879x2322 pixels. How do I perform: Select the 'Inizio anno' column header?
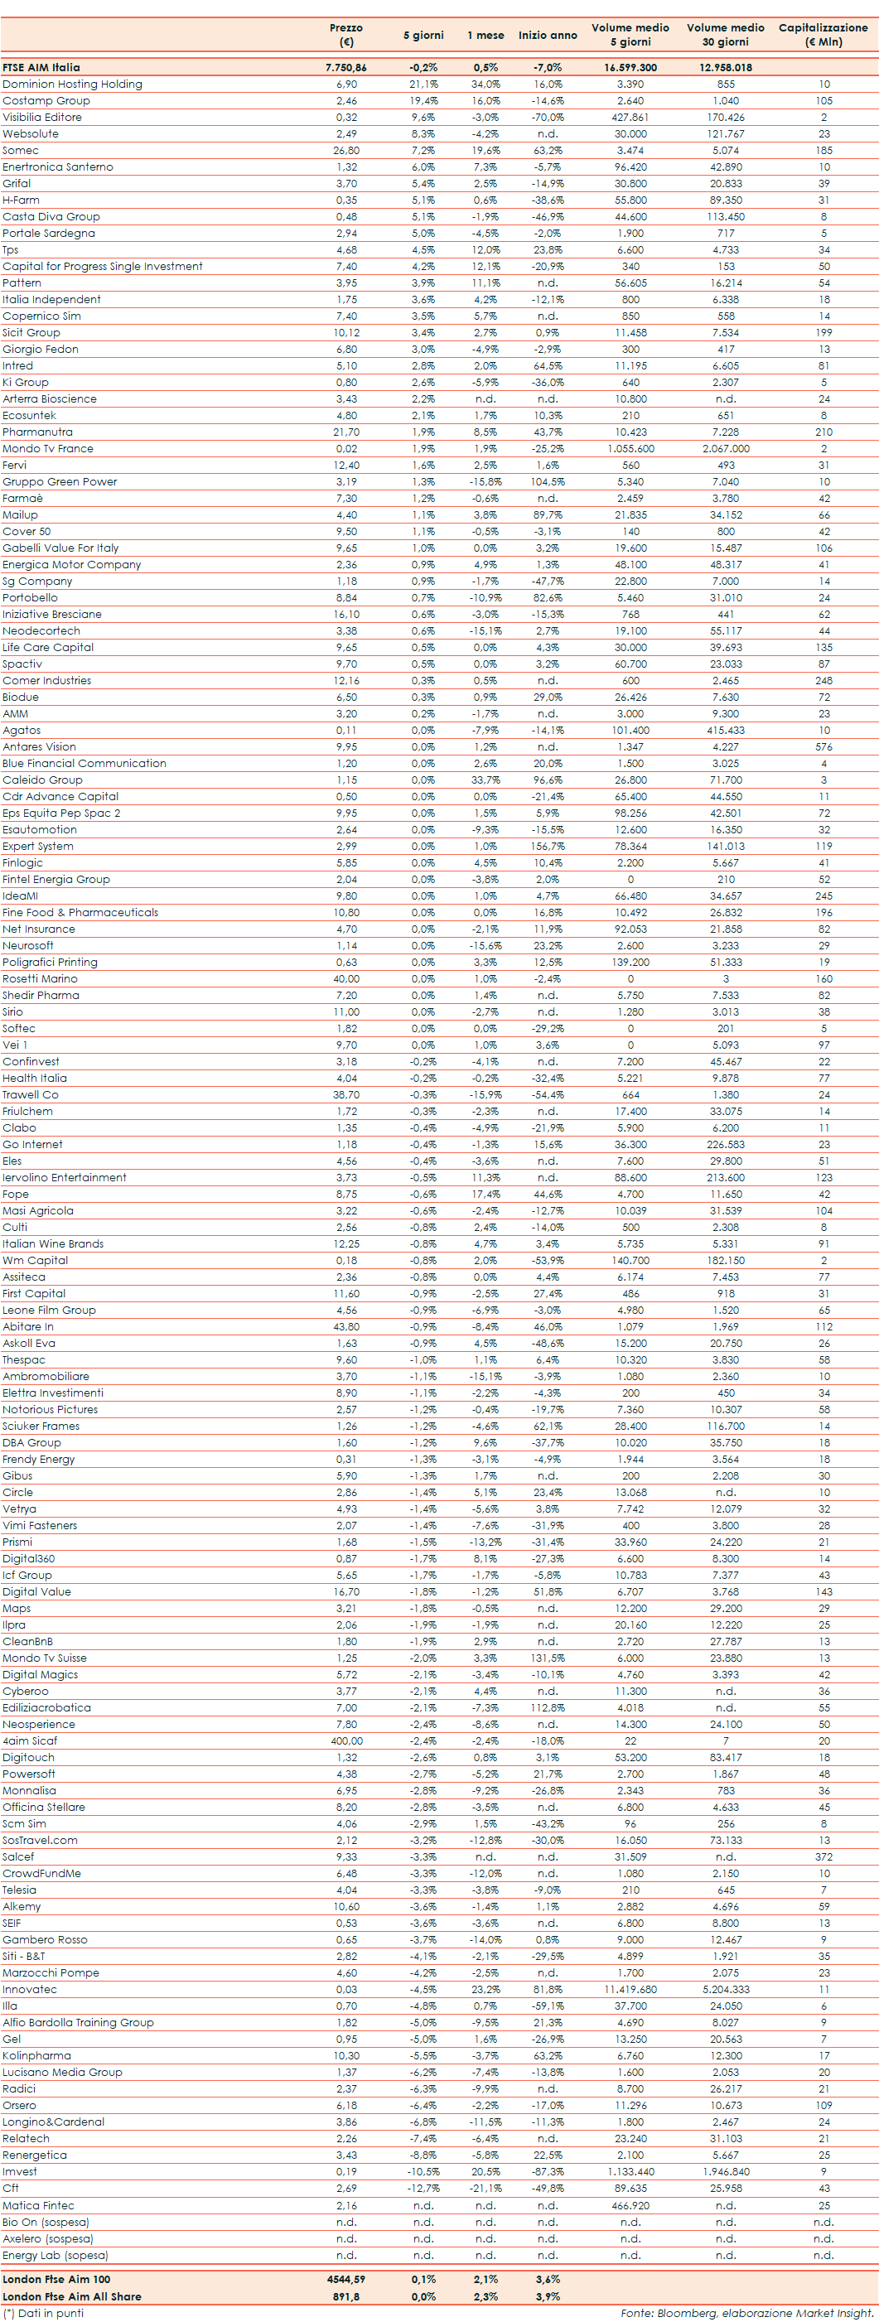[x=548, y=35]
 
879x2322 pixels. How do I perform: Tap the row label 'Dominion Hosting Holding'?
[x=72, y=84]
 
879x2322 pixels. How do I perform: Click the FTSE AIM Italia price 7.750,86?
[x=346, y=68]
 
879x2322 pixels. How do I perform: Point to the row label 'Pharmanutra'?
[x=37, y=432]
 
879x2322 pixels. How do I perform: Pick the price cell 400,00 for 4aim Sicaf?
[x=346, y=1740]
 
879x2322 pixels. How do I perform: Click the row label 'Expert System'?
[x=38, y=846]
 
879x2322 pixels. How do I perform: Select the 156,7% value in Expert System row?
[x=548, y=846]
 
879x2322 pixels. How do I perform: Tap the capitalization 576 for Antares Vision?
[x=823, y=746]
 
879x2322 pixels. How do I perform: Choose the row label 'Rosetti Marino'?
[x=40, y=978]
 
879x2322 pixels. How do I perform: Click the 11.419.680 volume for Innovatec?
[x=630, y=1988]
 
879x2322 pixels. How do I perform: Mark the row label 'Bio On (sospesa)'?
[x=45, y=2222]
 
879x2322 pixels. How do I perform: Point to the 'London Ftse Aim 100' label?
[x=56, y=2279]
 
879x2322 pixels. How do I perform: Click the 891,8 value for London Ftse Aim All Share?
[x=346, y=2295]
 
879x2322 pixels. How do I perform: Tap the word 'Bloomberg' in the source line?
[x=684, y=2313]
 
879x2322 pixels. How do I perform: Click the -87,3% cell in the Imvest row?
[x=548, y=2171]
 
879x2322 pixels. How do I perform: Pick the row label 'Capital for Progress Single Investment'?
[x=102, y=266]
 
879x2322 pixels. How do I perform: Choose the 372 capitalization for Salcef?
[x=823, y=1856]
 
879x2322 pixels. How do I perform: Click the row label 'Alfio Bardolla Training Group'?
[x=78, y=2022]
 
